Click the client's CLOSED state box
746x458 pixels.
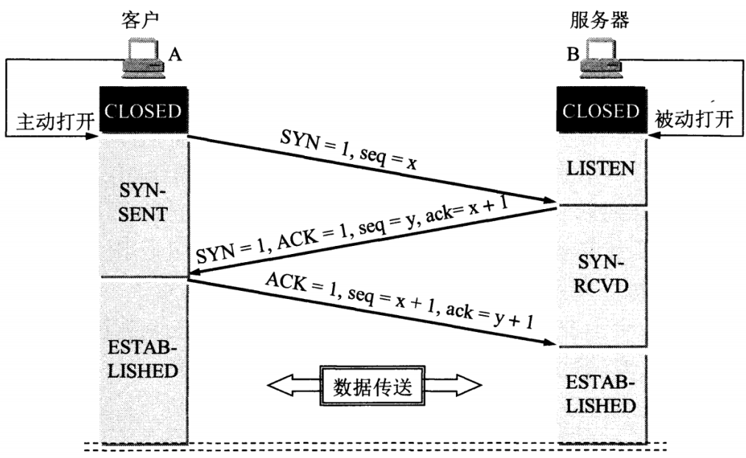coord(143,112)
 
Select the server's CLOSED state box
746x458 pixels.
coord(601,112)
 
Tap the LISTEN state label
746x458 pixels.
coord(601,168)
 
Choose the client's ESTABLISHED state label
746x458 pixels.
coord(143,359)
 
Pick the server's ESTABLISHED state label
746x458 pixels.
coord(601,394)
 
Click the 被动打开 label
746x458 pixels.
coord(694,120)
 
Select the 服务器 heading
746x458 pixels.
coord(599,21)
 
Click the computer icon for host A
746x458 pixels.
coord(142,60)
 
